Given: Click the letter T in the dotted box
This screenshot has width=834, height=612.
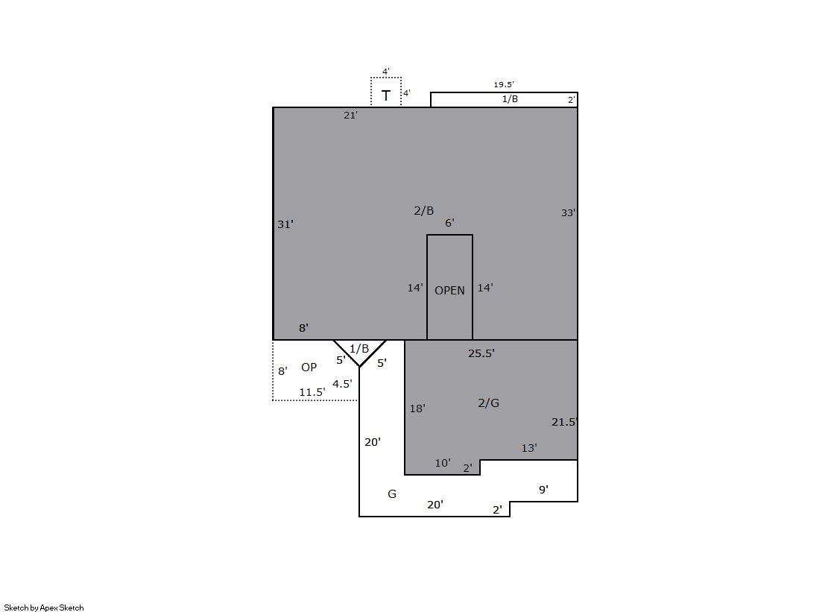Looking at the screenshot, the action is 386,96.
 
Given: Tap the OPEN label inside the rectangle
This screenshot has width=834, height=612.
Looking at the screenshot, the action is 449,291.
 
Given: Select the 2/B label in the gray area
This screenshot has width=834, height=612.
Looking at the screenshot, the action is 424,211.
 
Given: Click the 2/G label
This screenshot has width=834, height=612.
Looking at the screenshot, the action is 488,403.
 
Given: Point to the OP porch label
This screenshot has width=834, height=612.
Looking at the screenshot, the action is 309,367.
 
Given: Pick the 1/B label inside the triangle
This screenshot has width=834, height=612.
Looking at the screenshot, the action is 359,349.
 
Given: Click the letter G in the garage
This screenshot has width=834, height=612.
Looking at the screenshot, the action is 392,494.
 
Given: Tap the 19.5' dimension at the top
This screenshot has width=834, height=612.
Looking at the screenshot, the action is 504,85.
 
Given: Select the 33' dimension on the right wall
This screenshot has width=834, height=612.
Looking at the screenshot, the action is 568,213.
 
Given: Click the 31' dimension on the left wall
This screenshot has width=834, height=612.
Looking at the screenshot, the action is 285,224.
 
